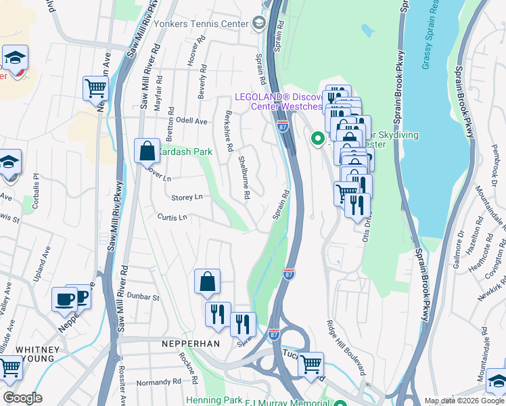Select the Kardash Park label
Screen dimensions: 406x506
click(186, 152)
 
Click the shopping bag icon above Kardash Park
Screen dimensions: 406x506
click(147, 152)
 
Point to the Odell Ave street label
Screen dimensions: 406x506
click(191, 121)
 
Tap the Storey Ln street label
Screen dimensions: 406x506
click(187, 198)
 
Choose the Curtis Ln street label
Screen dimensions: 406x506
click(172, 217)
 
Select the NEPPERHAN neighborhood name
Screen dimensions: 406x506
click(191, 344)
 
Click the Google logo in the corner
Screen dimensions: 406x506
click(22, 398)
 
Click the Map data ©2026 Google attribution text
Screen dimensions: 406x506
click(464, 401)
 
